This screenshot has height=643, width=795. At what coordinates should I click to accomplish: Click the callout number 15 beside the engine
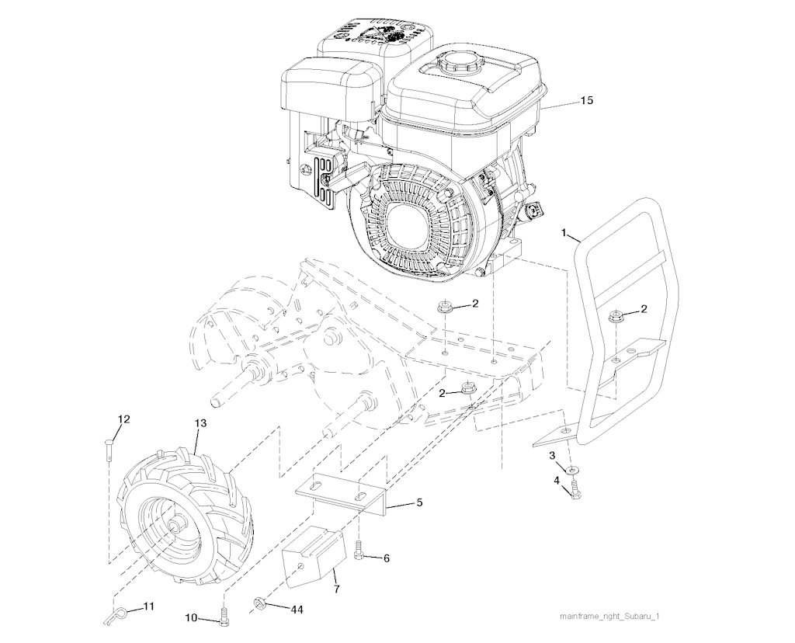[586, 100]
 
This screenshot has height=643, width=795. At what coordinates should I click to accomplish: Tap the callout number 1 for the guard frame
[564, 233]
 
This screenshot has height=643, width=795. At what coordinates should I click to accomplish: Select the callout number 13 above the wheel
[201, 423]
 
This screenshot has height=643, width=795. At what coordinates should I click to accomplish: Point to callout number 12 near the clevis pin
[123, 419]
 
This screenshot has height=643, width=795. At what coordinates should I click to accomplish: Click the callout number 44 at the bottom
[297, 610]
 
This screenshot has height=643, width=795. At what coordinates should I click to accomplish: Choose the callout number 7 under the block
[337, 589]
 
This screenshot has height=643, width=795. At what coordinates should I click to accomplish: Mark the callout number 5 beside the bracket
[419, 503]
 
